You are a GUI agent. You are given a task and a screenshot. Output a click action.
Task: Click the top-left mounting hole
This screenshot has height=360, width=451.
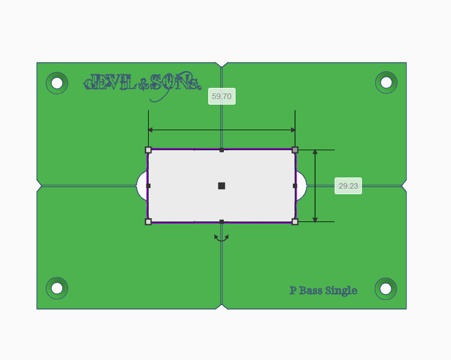coord(57,83)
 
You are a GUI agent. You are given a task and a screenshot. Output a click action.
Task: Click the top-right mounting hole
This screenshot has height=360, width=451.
coord(386,82)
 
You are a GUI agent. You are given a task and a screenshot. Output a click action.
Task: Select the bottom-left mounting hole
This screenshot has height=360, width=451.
coord(57,288)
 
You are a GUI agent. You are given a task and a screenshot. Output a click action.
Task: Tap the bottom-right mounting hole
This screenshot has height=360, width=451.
coord(386,288)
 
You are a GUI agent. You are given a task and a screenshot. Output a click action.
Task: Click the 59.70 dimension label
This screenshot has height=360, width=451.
coord(222,96)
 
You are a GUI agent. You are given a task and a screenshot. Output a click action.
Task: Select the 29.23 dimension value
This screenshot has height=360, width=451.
coord(348,186)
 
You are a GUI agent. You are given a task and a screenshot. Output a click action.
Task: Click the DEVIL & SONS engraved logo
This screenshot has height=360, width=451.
coord(141,84)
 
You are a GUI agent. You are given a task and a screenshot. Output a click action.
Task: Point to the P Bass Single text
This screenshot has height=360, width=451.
coord(323,290)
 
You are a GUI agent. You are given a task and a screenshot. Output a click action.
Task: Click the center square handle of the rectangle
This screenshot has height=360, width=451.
coord(222,186)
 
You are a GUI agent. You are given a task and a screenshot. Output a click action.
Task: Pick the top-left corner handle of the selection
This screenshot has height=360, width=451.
coord(148,150)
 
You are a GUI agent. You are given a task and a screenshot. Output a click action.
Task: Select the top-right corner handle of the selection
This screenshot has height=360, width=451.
coord(295,150)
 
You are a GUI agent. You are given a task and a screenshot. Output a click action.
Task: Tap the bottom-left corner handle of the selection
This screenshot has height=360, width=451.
coord(148,221)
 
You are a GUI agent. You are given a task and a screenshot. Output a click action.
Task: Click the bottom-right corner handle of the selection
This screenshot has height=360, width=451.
coord(295,221)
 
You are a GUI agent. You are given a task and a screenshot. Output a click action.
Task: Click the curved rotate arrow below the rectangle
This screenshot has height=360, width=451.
coord(222,238)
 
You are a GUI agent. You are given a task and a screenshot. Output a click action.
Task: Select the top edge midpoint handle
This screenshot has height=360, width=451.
coord(222,150)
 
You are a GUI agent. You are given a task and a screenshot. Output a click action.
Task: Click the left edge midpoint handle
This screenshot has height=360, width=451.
coord(148,186)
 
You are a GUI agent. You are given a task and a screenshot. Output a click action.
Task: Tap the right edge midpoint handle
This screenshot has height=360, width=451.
coord(295,186)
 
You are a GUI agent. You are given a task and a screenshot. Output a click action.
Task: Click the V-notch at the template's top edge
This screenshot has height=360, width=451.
coord(222,65)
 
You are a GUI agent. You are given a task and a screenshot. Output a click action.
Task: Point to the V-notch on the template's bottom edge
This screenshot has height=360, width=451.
coord(222,306)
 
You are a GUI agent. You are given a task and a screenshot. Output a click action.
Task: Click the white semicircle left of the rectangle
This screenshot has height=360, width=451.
coord(141,186)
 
